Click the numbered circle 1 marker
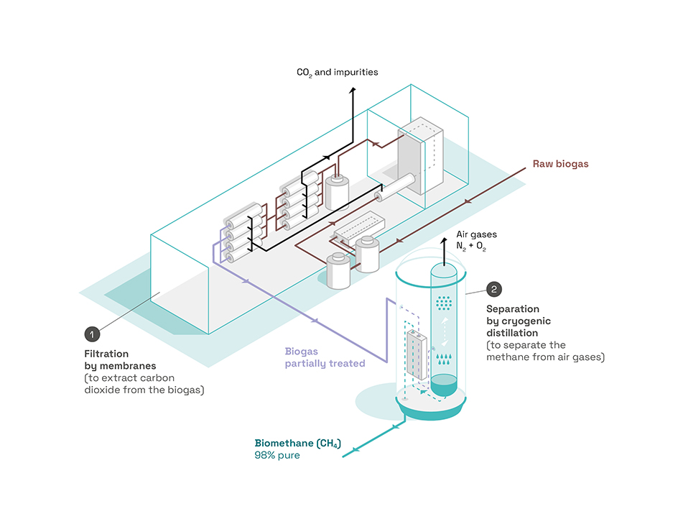click(x=92, y=334)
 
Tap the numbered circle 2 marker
click(x=494, y=290)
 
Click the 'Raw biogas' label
click(x=560, y=164)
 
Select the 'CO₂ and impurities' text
click(x=337, y=73)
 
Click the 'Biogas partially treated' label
click(x=325, y=357)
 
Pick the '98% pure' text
click(x=277, y=455)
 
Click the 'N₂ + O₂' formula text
click(x=473, y=247)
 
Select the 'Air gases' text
click(x=476, y=234)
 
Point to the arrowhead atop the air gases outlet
click(x=443, y=237)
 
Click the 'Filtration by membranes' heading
click(x=107, y=359)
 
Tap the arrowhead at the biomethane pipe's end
click(x=345, y=454)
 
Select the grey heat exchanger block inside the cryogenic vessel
click(x=417, y=355)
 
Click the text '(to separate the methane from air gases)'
click(x=545, y=351)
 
